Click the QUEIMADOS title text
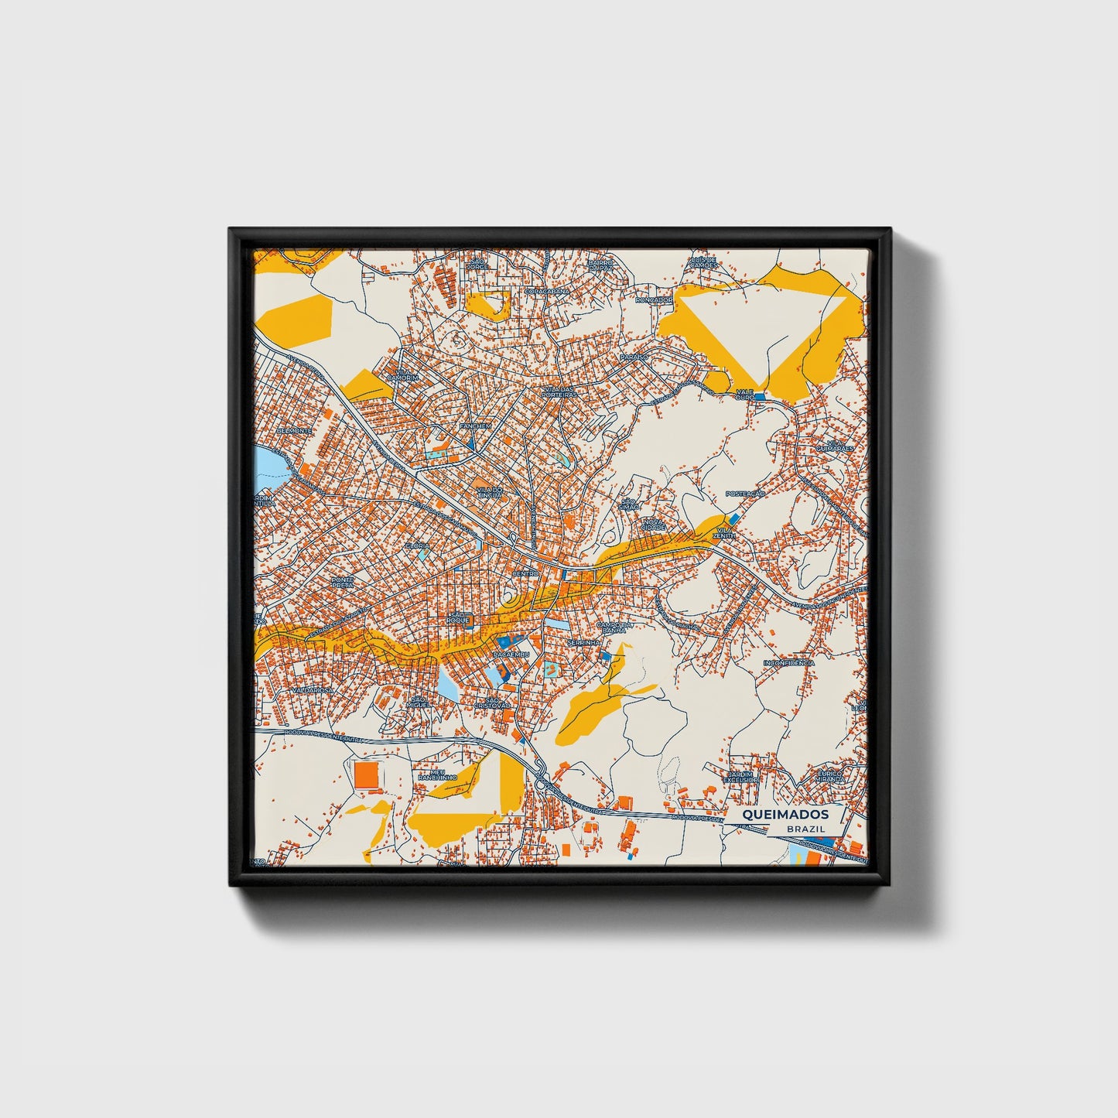[785, 814]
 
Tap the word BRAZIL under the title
[805, 829]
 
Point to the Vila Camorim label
[406, 374]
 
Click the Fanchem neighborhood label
[475, 426]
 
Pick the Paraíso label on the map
[633, 357]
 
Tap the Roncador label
[654, 299]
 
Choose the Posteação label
[745, 494]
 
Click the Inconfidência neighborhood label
[788, 663]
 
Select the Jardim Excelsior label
[741, 776]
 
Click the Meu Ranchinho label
[438, 774]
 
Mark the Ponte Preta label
[341, 581]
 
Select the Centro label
[525, 573]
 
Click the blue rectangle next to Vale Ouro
[759, 397]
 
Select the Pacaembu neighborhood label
[511, 655]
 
